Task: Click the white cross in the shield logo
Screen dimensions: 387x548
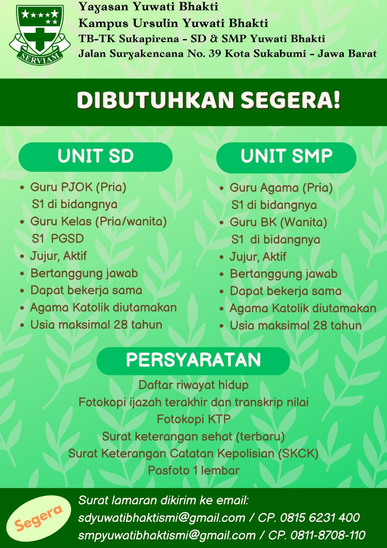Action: pyautogui.click(x=39, y=39)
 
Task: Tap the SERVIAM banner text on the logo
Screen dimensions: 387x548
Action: pyautogui.click(x=39, y=58)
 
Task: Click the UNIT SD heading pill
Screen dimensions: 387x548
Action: pyautogui.click(x=95, y=157)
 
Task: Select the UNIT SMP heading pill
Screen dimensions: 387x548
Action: pyautogui.click(x=286, y=157)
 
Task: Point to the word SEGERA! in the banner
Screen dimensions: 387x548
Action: pyautogui.click(x=291, y=100)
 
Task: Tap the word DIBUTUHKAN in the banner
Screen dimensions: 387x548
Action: pyautogui.click(x=155, y=100)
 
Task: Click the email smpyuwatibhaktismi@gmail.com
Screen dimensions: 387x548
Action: pyautogui.click(x=167, y=535)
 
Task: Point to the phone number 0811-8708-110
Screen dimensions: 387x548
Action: pyautogui.click(x=328, y=535)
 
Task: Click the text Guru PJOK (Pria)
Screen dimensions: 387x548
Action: pyautogui.click(x=78, y=188)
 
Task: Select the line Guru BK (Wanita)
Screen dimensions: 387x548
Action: pyautogui.click(x=278, y=222)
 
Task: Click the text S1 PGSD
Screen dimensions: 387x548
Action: pyautogui.click(x=58, y=238)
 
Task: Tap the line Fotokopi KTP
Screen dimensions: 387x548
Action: pyautogui.click(x=194, y=419)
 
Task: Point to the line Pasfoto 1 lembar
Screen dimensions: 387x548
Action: pyautogui.click(x=194, y=471)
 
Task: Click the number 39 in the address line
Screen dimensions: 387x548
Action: pyautogui.click(x=215, y=53)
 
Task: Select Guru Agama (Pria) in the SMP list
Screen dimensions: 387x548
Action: pyautogui.click(x=281, y=188)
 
